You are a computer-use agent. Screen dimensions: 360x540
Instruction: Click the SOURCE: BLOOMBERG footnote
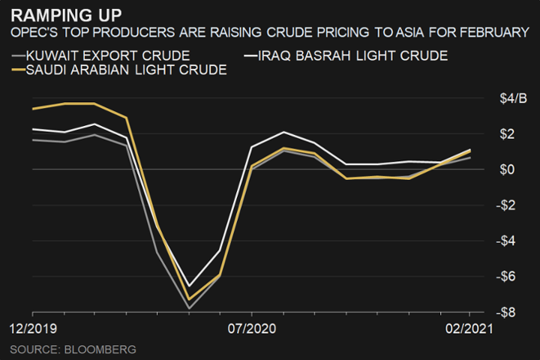pyautogui.click(x=73, y=349)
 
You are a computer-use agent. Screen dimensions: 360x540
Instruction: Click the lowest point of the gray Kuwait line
pyautogui.click(x=189, y=308)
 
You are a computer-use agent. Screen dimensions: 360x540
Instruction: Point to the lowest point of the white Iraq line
pyautogui.click(x=189, y=286)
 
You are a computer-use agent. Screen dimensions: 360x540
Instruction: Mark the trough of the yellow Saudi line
pyautogui.click(x=189, y=299)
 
